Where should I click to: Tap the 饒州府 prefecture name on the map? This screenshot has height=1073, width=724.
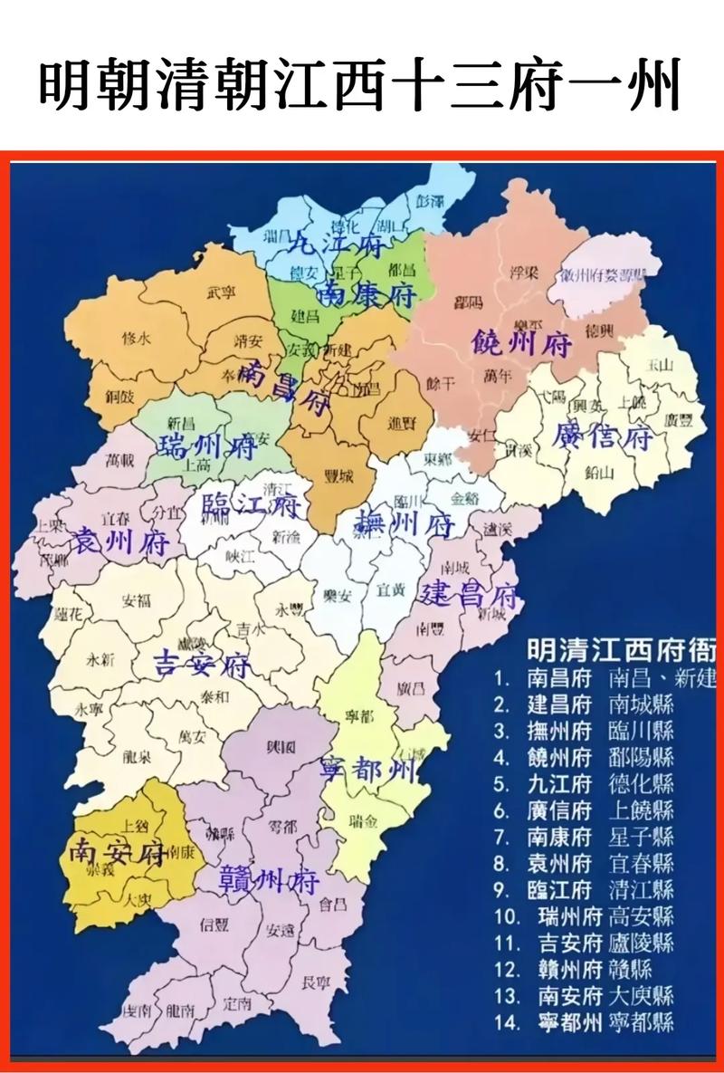[x=522, y=343]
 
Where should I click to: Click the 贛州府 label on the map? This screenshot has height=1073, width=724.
[x=270, y=878]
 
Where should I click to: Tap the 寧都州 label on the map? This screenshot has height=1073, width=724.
[x=369, y=770]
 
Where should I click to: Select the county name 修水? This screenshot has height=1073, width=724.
[x=136, y=338]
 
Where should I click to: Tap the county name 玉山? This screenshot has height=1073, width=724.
[x=661, y=365]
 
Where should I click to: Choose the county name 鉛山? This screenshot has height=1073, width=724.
[x=599, y=472]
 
